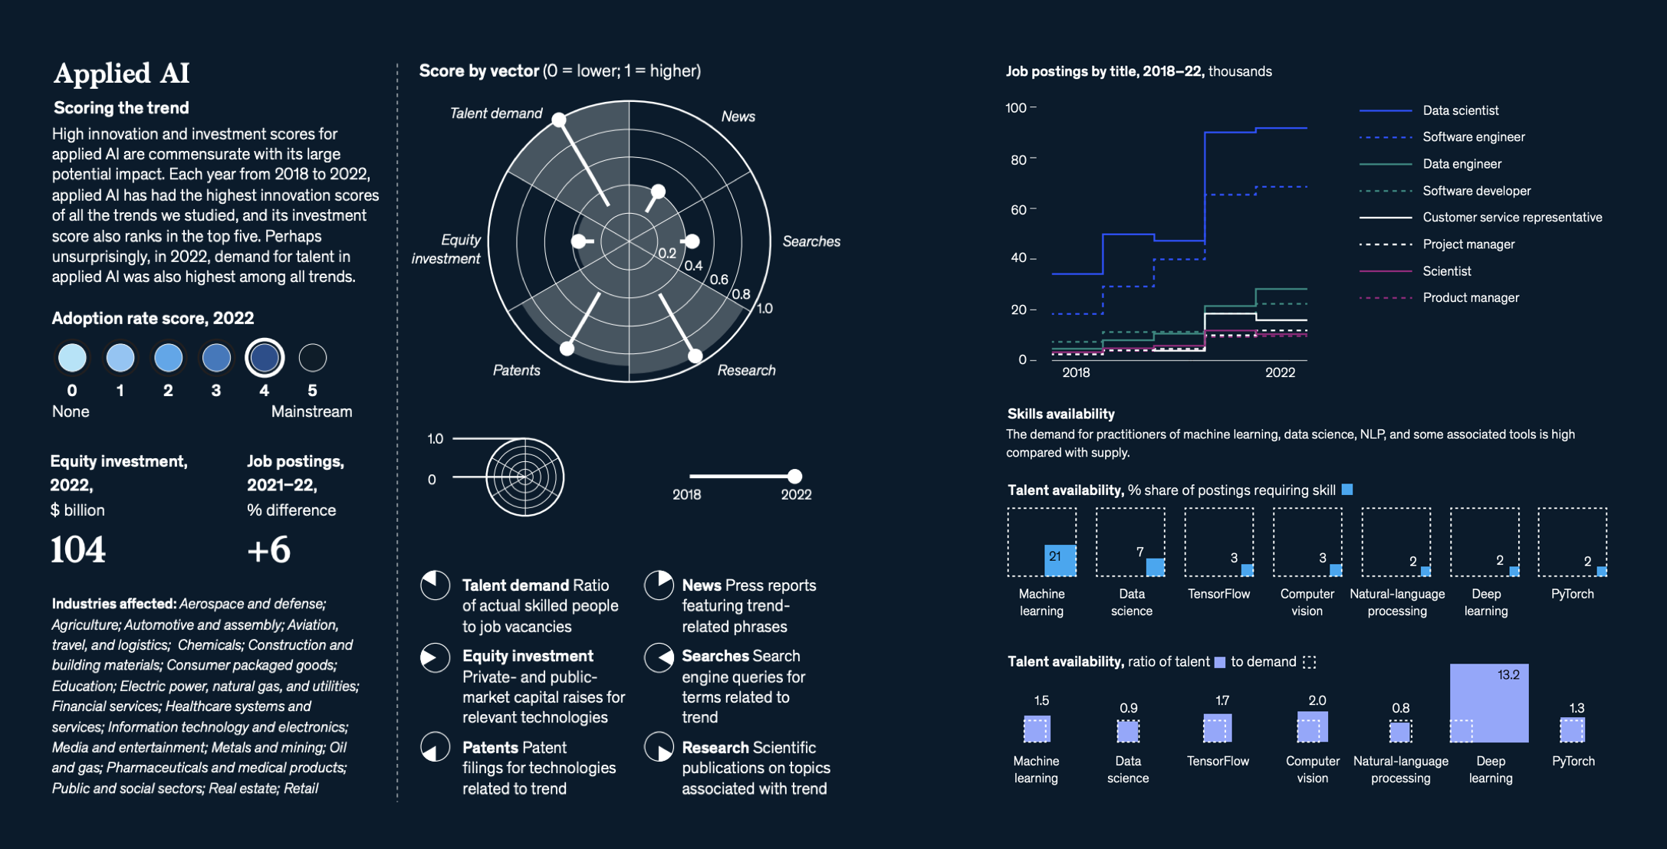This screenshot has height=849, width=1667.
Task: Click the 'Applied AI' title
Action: click(x=121, y=74)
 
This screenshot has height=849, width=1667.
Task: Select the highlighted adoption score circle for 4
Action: click(x=265, y=358)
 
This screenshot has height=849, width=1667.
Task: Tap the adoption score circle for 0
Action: click(x=72, y=358)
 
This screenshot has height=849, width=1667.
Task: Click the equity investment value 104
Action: click(x=78, y=549)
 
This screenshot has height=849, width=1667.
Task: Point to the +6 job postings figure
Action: click(x=268, y=549)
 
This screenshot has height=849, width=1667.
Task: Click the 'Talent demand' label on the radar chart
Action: click(x=495, y=113)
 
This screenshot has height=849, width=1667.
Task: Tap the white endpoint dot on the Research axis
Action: click(x=695, y=356)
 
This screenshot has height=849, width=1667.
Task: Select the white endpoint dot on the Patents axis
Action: click(x=567, y=349)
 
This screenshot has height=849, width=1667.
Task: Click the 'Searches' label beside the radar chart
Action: click(x=811, y=241)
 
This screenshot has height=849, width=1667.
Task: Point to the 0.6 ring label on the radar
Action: click(x=718, y=280)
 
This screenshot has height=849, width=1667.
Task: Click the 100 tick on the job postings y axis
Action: click(x=1016, y=108)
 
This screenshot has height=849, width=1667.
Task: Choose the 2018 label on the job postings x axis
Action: click(x=1076, y=372)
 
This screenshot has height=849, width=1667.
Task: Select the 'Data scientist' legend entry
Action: click(x=1460, y=110)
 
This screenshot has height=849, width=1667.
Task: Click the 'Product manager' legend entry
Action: click(x=1471, y=297)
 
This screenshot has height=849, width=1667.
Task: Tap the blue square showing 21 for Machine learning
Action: click(x=1060, y=560)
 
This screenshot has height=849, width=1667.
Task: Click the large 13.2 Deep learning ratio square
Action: click(x=1489, y=703)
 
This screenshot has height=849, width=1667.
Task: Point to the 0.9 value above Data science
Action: click(x=1128, y=708)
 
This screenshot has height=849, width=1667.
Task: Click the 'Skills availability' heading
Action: click(x=1060, y=414)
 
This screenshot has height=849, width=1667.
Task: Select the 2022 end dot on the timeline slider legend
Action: click(x=795, y=476)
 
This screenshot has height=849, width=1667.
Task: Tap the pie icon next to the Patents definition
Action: click(x=436, y=747)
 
